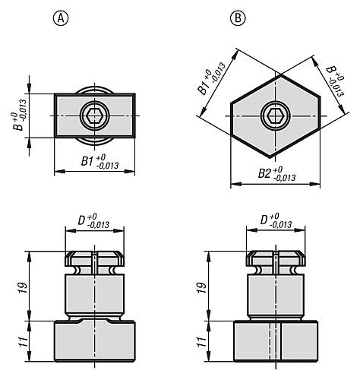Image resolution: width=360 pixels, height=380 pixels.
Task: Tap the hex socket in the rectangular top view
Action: tap(95, 115)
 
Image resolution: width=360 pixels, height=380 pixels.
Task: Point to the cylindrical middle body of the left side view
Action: tap(95, 296)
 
